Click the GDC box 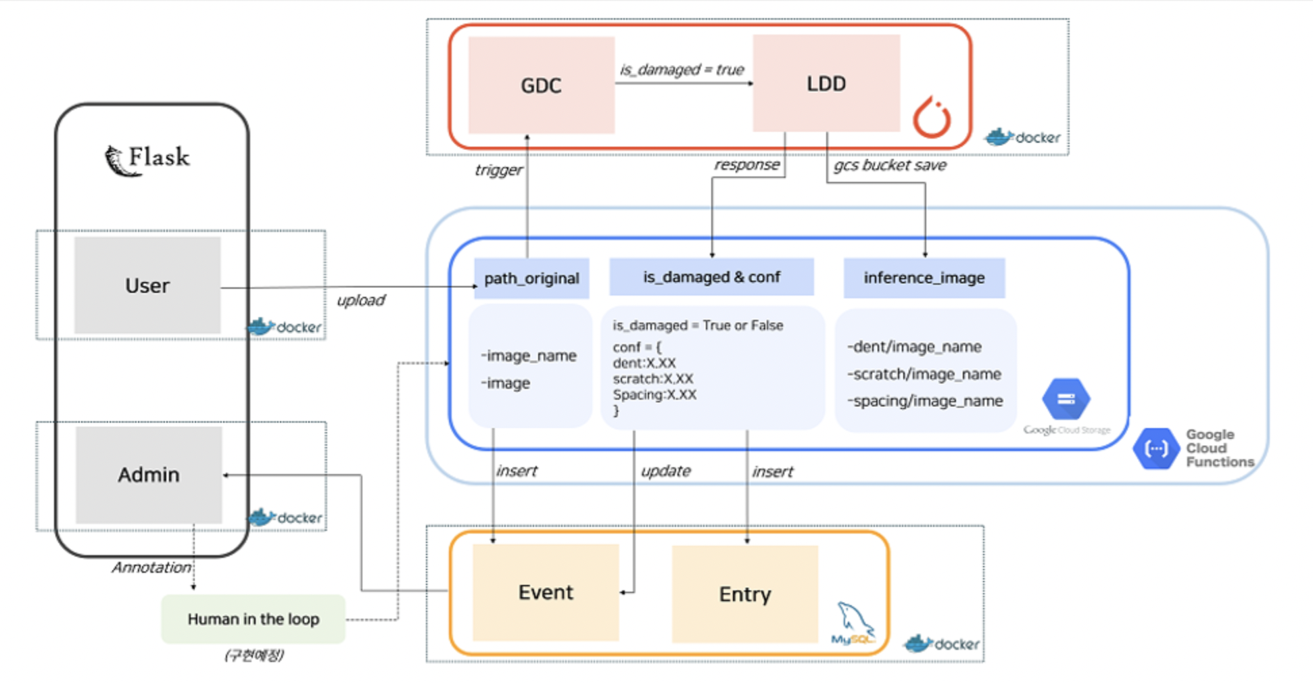coord(541,85)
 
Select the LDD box coord(826,84)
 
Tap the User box coord(147,285)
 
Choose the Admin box coord(149,475)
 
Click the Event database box coord(546,592)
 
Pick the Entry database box coord(745,594)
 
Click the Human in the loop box coord(254,619)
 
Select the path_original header coord(531,278)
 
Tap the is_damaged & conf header coord(711,277)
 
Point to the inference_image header coord(924,277)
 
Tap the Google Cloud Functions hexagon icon coord(1156,448)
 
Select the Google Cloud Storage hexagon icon coord(1066,399)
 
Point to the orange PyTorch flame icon coord(932,118)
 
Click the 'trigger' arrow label coord(498,170)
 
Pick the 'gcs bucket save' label coord(890,165)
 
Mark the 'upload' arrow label coord(361,300)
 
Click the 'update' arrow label coord(666,471)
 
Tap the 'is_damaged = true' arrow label coord(682,69)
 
